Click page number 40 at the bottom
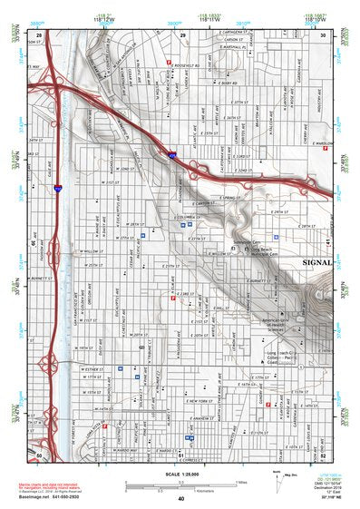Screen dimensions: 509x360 (x=180, y=499)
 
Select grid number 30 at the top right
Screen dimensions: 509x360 (x=323, y=34)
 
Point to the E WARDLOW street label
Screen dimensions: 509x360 (x=324, y=142)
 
